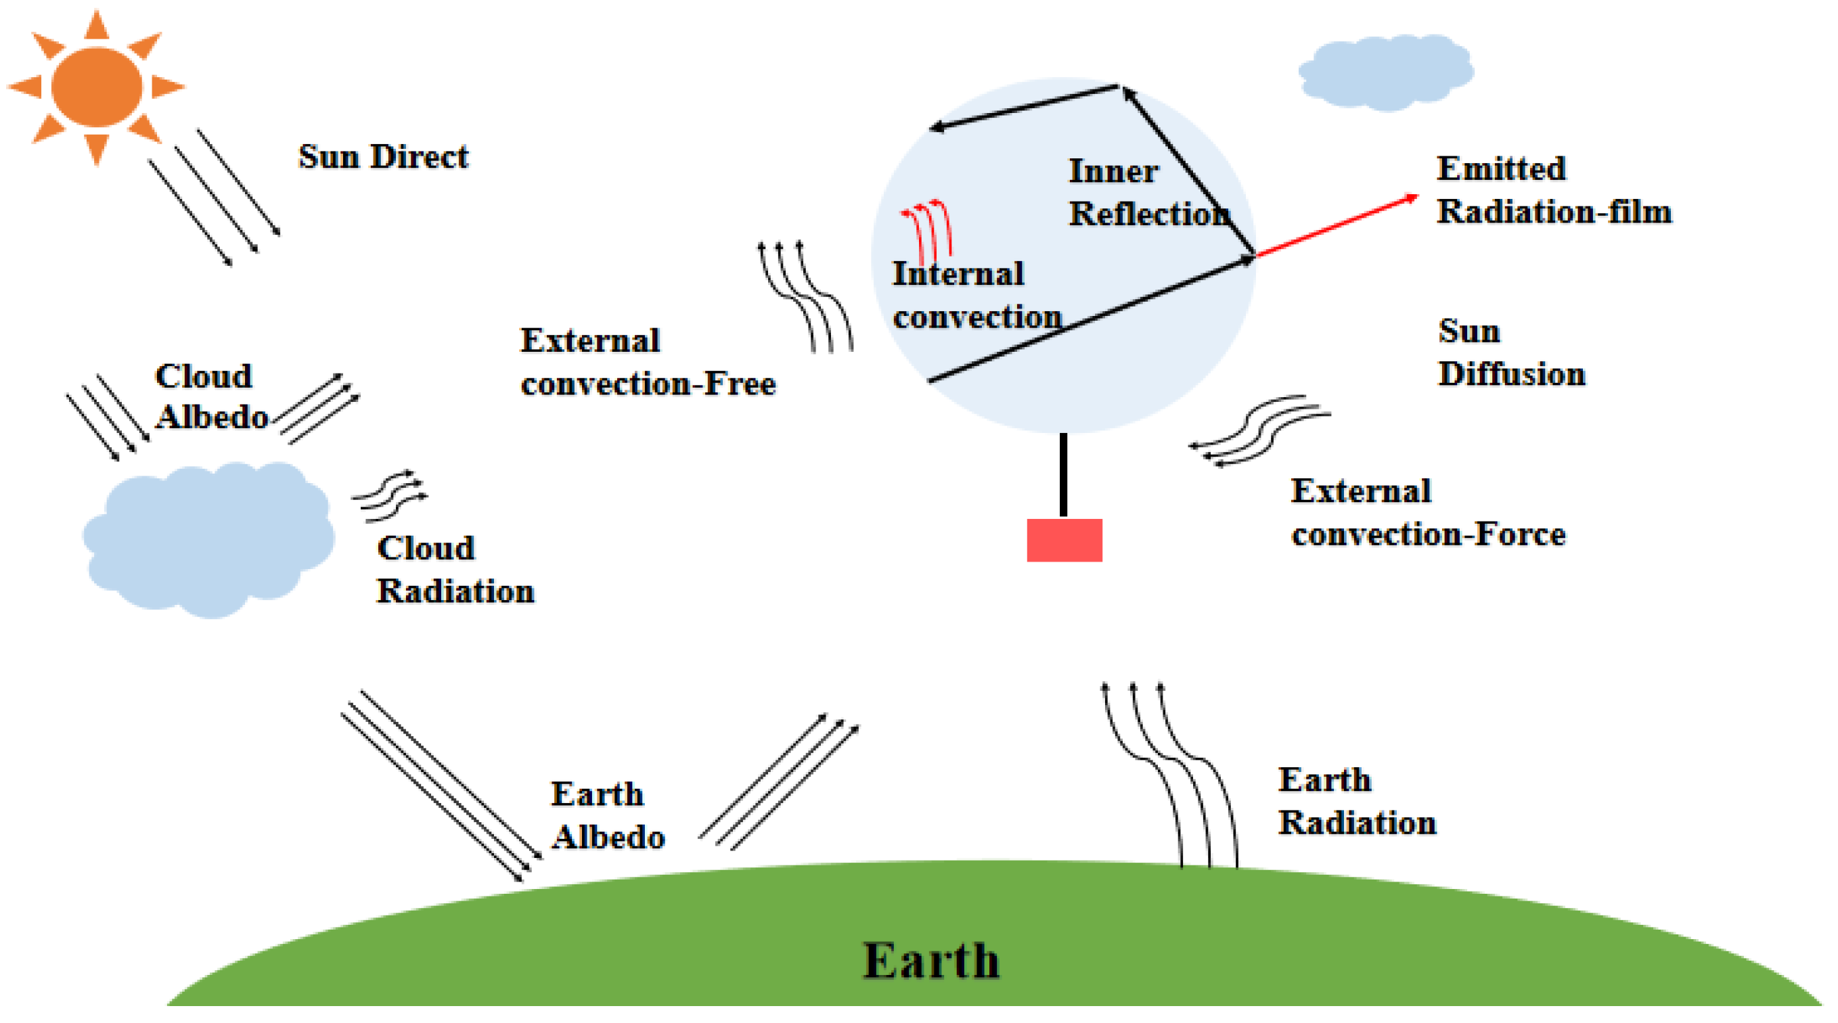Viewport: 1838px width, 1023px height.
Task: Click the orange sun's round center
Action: tap(97, 87)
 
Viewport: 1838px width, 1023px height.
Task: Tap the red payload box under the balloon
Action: tap(1064, 540)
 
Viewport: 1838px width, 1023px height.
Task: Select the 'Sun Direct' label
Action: tap(383, 157)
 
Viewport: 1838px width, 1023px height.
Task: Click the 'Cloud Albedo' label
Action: tap(210, 396)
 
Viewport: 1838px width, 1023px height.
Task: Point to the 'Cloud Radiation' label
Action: tap(455, 570)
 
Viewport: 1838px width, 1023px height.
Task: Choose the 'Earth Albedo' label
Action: tap(607, 815)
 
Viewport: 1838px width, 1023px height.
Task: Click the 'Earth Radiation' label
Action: tap(1356, 801)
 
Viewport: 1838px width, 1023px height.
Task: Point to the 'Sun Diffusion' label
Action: tap(1510, 353)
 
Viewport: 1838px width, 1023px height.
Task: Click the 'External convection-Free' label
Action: tap(647, 363)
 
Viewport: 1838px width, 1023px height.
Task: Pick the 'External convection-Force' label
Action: tap(1428, 513)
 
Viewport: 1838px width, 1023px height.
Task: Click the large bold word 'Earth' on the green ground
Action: tap(931, 960)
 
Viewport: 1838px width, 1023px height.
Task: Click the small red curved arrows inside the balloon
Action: tap(928, 228)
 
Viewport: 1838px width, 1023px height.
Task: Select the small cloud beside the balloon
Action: tap(1386, 72)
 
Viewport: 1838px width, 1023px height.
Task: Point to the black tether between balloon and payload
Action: tap(1063, 474)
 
